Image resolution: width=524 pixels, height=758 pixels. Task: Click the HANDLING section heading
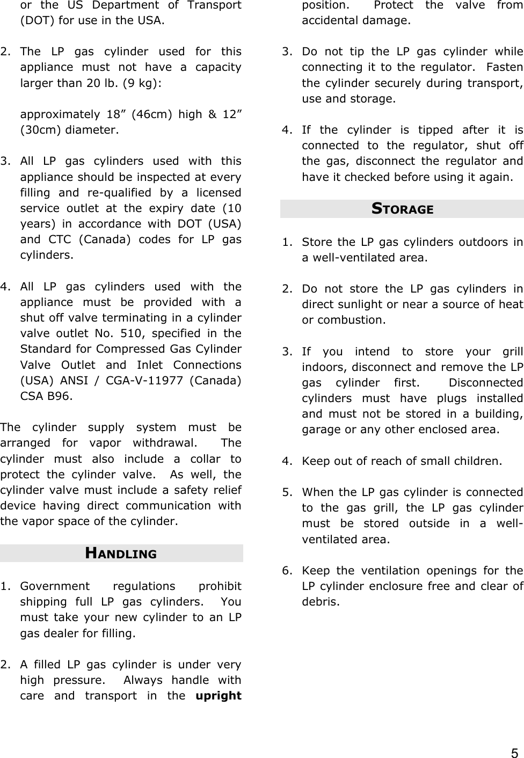121,553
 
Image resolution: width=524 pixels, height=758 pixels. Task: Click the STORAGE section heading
402,209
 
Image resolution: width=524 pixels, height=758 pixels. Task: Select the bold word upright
219,696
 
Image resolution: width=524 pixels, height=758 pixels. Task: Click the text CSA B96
45,397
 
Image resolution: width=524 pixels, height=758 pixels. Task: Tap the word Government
55,586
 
